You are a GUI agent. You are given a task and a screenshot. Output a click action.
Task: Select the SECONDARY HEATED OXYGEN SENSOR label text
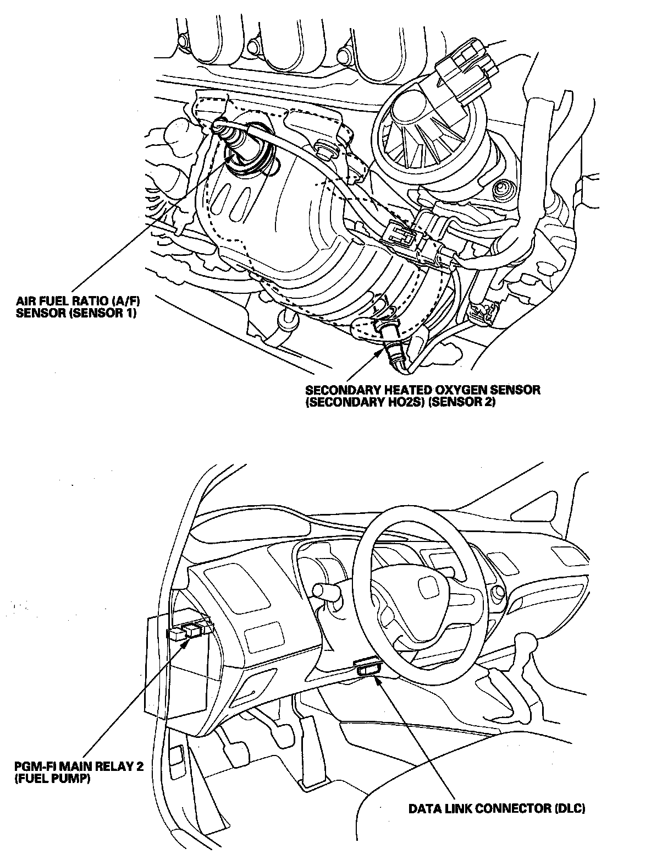[422, 396]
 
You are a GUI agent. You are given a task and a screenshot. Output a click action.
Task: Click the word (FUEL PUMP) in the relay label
[53, 779]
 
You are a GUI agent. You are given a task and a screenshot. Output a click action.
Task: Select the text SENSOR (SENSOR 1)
[76, 314]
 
